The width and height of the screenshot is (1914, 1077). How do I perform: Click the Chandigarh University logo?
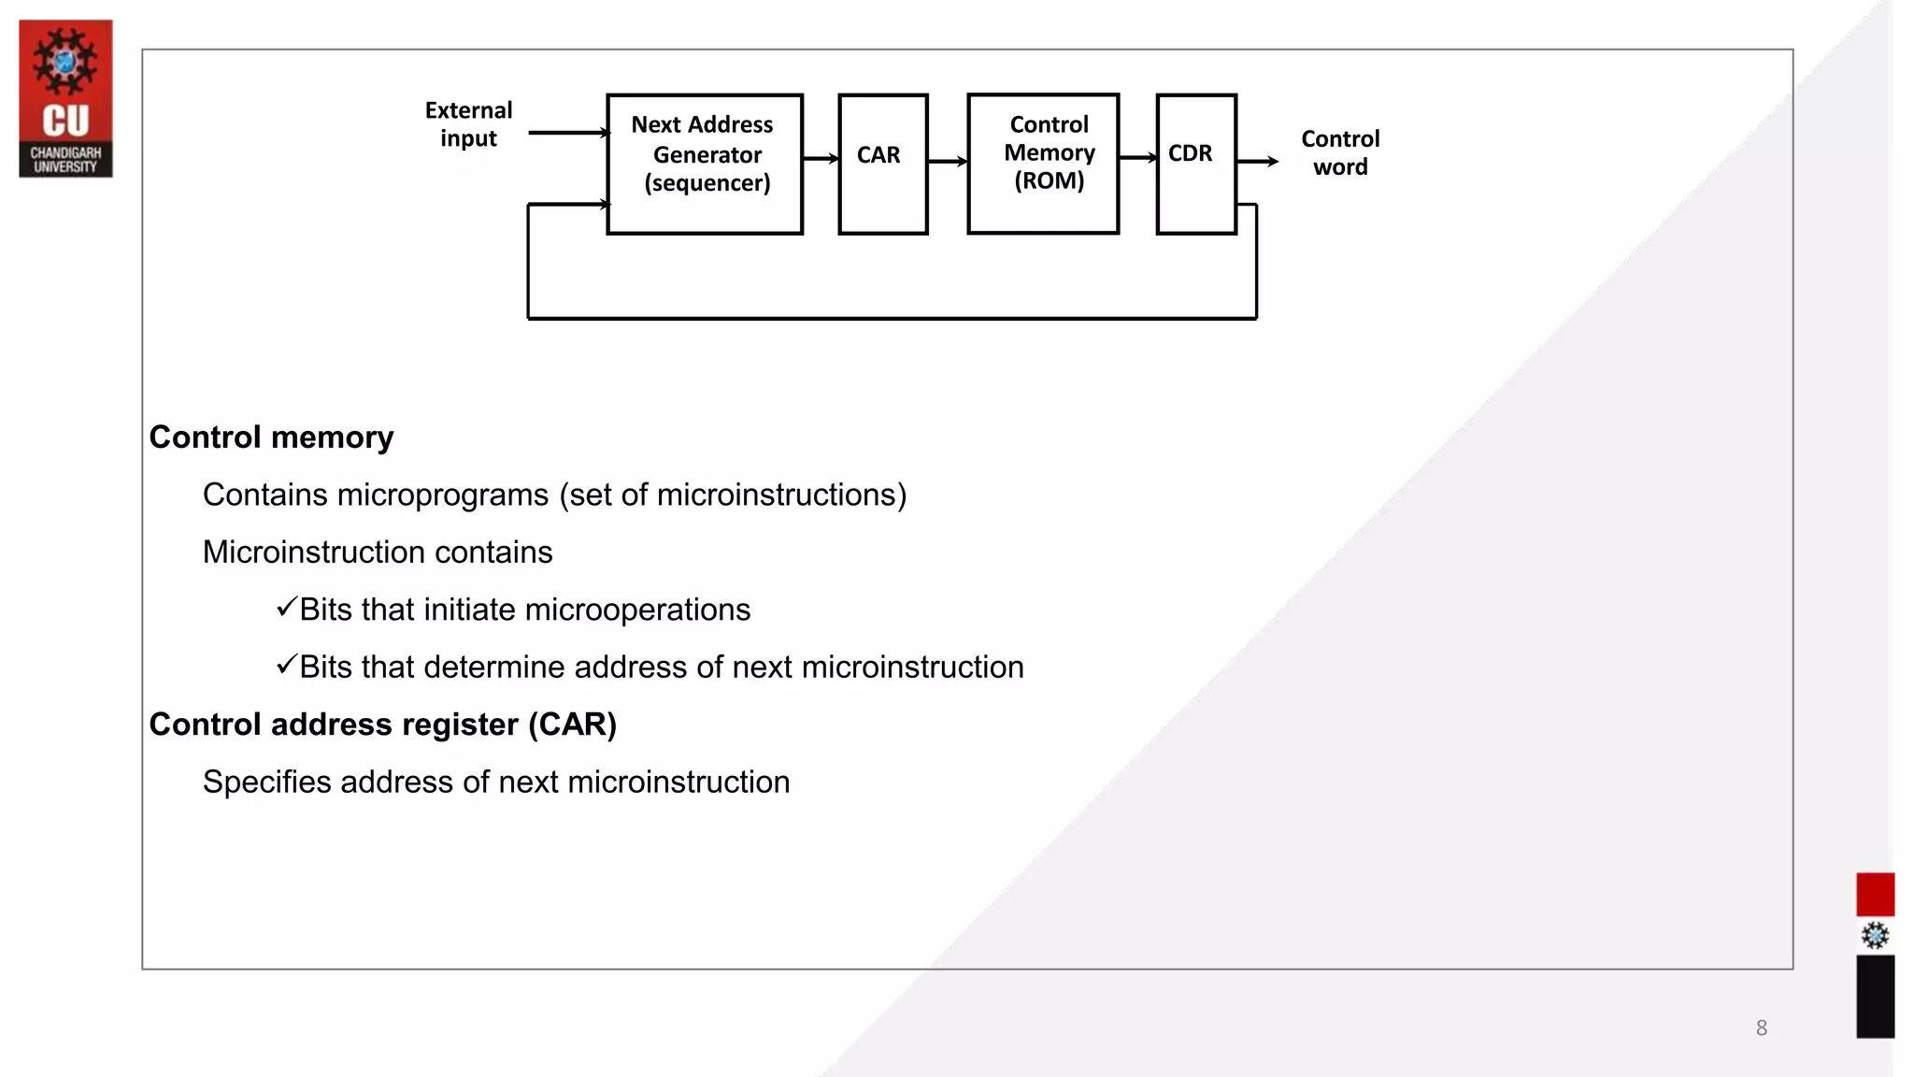65,98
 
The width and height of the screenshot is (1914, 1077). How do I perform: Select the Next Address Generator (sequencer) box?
705,164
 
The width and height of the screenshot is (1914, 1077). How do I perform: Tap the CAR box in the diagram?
882,164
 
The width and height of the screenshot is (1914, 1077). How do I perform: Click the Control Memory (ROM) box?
1043,163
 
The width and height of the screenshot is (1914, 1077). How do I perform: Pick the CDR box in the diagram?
1196,164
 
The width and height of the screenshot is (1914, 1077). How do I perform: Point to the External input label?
468,124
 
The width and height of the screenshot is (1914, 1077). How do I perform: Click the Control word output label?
1340,152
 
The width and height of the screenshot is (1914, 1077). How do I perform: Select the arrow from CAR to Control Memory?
948,162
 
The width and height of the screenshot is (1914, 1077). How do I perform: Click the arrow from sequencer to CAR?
821,159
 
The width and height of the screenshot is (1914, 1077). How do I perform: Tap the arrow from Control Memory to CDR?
1137,158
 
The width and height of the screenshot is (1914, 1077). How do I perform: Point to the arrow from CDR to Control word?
1258,162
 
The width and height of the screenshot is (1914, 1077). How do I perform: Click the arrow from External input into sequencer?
568,133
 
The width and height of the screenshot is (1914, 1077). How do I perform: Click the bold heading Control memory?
271,438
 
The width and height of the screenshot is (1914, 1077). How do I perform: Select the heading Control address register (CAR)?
382,725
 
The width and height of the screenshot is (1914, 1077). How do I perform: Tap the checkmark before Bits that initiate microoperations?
286,608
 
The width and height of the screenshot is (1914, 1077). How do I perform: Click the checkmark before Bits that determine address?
286,665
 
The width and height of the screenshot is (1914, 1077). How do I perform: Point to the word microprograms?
442,495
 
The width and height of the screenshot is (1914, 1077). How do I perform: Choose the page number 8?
1761,1028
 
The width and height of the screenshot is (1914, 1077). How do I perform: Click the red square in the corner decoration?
1875,895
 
